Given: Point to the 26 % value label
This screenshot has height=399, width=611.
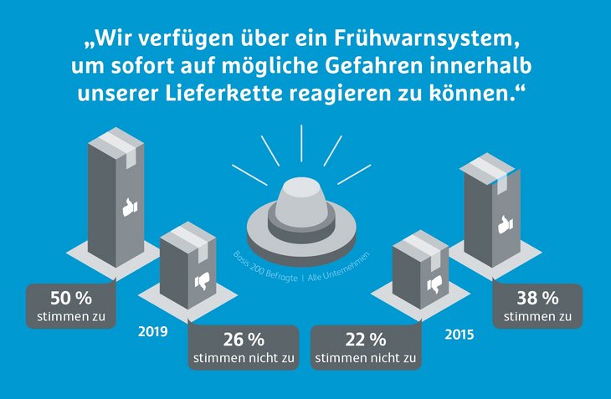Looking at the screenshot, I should click(243, 340).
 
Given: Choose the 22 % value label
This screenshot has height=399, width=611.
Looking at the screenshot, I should click(366, 340).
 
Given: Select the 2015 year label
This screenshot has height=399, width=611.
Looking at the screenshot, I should click(460, 335).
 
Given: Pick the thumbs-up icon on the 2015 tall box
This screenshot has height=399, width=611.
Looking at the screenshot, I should click(502, 224).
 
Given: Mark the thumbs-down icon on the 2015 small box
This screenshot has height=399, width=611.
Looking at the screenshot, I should click(433, 286).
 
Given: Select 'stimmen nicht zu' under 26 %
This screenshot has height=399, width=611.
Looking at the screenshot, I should click(243, 358).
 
